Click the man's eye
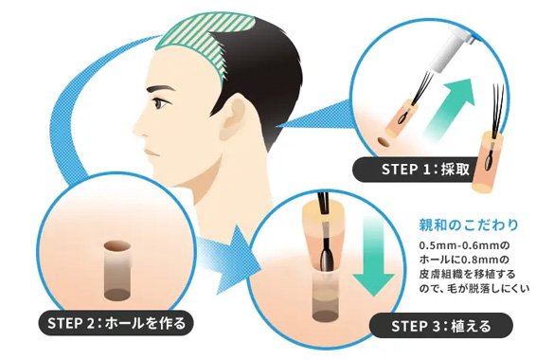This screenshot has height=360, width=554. click(x=162, y=103)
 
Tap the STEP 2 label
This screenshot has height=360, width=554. click(x=116, y=322)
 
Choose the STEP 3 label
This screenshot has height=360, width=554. click(x=441, y=325)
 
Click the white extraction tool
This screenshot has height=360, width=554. click(x=450, y=50)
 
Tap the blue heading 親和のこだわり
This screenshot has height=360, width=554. click(x=469, y=225)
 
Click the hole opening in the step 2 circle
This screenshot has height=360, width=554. click(x=117, y=246)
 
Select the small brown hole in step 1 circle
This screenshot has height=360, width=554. click(x=383, y=142)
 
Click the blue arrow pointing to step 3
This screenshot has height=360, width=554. click(x=226, y=259)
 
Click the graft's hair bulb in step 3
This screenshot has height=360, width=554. click(x=326, y=257)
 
